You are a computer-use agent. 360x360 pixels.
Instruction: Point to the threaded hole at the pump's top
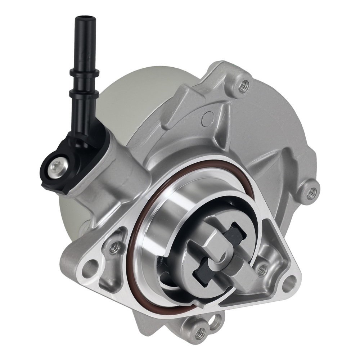click(x=244, y=85)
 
